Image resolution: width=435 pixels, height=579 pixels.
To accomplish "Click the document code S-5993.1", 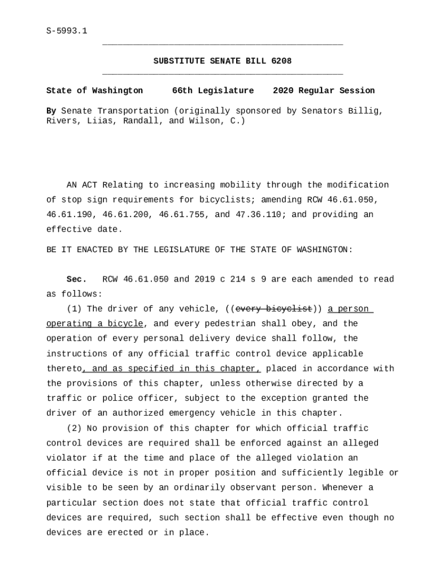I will [x=67, y=31].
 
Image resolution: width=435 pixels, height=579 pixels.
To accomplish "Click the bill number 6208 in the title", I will [x=281, y=61].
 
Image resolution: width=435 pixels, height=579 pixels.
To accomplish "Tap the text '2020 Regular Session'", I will [x=324, y=91].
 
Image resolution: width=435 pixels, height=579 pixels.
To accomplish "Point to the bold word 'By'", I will [x=51, y=111].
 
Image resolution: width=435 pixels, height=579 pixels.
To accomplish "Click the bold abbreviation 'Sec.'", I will [x=76, y=279].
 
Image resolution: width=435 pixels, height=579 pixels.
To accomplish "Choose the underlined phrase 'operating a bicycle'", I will [x=94, y=323].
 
